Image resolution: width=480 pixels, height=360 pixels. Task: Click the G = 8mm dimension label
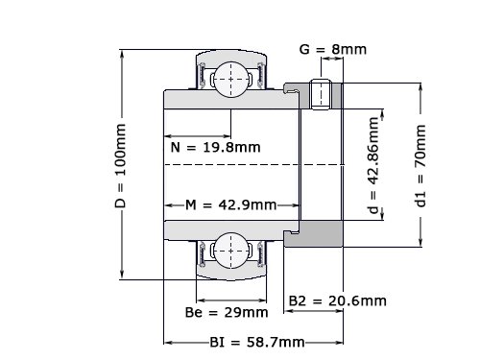click(x=333, y=49)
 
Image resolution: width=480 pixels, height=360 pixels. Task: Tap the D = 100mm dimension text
click(x=120, y=165)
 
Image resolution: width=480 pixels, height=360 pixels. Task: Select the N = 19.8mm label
click(x=216, y=148)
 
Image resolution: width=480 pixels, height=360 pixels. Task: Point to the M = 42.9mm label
click(x=231, y=204)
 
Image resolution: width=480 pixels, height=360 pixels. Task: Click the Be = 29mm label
click(x=227, y=312)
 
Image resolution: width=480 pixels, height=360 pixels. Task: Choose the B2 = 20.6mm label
click(x=338, y=300)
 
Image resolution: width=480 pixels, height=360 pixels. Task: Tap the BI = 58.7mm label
click(x=257, y=343)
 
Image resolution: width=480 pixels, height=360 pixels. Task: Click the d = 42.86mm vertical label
click(x=373, y=165)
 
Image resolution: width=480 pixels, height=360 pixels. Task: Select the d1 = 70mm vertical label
click(x=420, y=165)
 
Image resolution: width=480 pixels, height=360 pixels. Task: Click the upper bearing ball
click(x=231, y=80)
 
